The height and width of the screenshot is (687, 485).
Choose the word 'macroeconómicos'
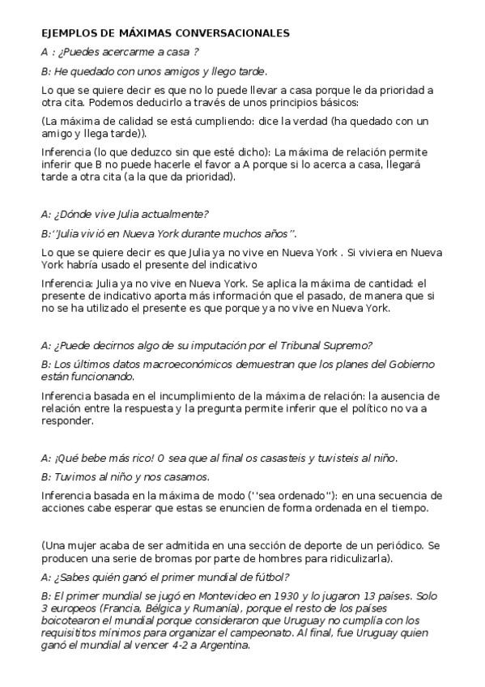(x=168, y=364)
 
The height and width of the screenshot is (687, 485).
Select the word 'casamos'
(x=187, y=476)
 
